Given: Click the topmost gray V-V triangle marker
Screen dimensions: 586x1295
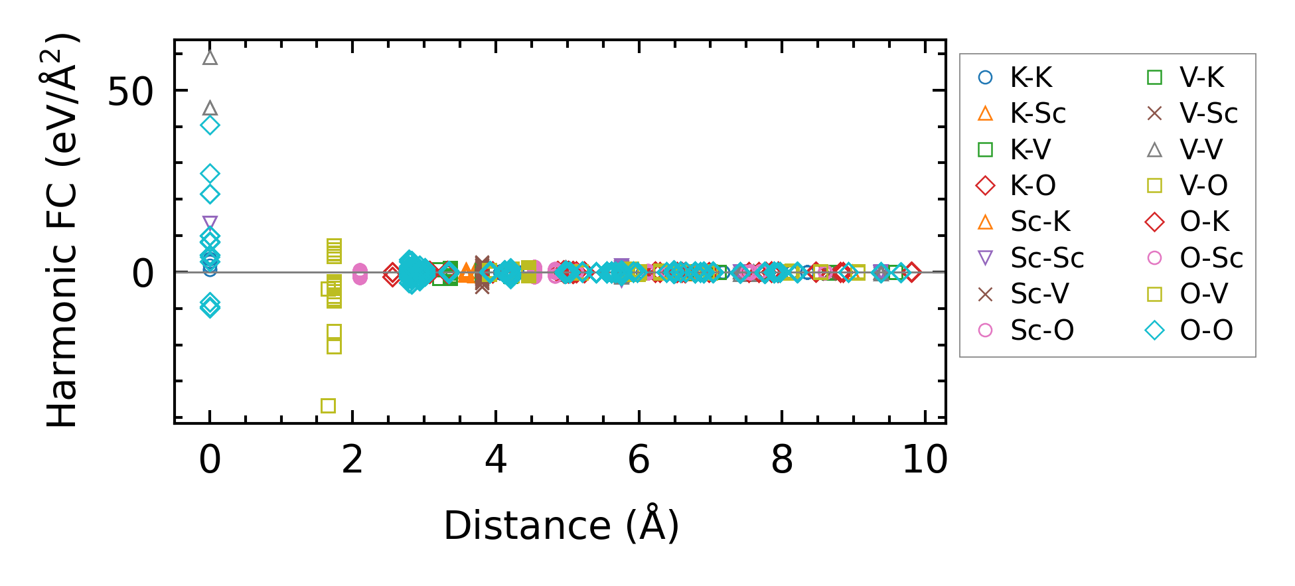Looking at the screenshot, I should tap(210, 58).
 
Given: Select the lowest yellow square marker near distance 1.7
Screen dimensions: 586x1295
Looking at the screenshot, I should tap(328, 405).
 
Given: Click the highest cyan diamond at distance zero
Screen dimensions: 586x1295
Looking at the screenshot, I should tap(210, 125).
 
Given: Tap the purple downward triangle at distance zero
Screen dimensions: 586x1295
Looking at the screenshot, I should tap(210, 224).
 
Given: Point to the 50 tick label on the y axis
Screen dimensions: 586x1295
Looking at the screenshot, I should tap(130, 92).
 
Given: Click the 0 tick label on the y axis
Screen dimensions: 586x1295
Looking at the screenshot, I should tap(143, 273).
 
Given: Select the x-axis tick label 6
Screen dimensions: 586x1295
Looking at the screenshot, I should tap(639, 459).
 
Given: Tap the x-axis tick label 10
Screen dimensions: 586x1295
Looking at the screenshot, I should tap(925, 459).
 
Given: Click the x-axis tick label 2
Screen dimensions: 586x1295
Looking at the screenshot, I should tap(352, 459).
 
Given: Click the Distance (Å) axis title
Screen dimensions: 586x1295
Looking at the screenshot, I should tap(561, 526).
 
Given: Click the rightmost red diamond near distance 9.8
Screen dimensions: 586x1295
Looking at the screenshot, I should tap(912, 272).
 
